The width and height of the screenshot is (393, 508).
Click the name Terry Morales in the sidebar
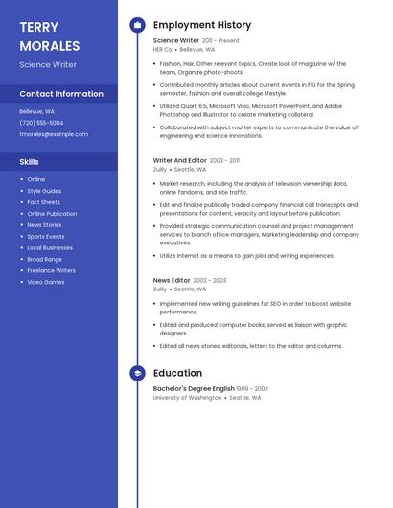[x=49, y=36]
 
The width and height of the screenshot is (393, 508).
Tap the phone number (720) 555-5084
[x=41, y=123]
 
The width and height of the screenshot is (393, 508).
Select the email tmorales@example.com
[x=54, y=134]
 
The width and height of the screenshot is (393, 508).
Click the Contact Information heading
[x=61, y=94]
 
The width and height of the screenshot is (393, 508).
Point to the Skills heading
[x=30, y=162]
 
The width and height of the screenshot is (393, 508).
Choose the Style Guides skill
[x=44, y=191]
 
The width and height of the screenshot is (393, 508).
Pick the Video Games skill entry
[x=46, y=282]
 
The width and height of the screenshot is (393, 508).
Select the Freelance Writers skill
[x=51, y=270]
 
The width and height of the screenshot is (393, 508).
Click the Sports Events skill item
[x=46, y=236]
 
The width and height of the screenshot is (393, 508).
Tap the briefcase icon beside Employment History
[x=138, y=25]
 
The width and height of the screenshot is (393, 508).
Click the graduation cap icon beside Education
[x=138, y=373]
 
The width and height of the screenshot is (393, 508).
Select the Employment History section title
[x=202, y=25]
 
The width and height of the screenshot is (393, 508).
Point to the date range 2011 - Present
[x=220, y=41]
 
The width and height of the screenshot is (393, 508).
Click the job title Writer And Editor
[x=179, y=160]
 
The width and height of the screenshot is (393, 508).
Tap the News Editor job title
[x=172, y=280]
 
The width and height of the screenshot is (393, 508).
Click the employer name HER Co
[x=162, y=49]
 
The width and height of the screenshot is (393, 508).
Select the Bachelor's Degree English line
[x=193, y=388]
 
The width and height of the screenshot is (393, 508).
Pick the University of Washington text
[x=187, y=397]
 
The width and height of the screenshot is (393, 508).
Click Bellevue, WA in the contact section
[x=36, y=111]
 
